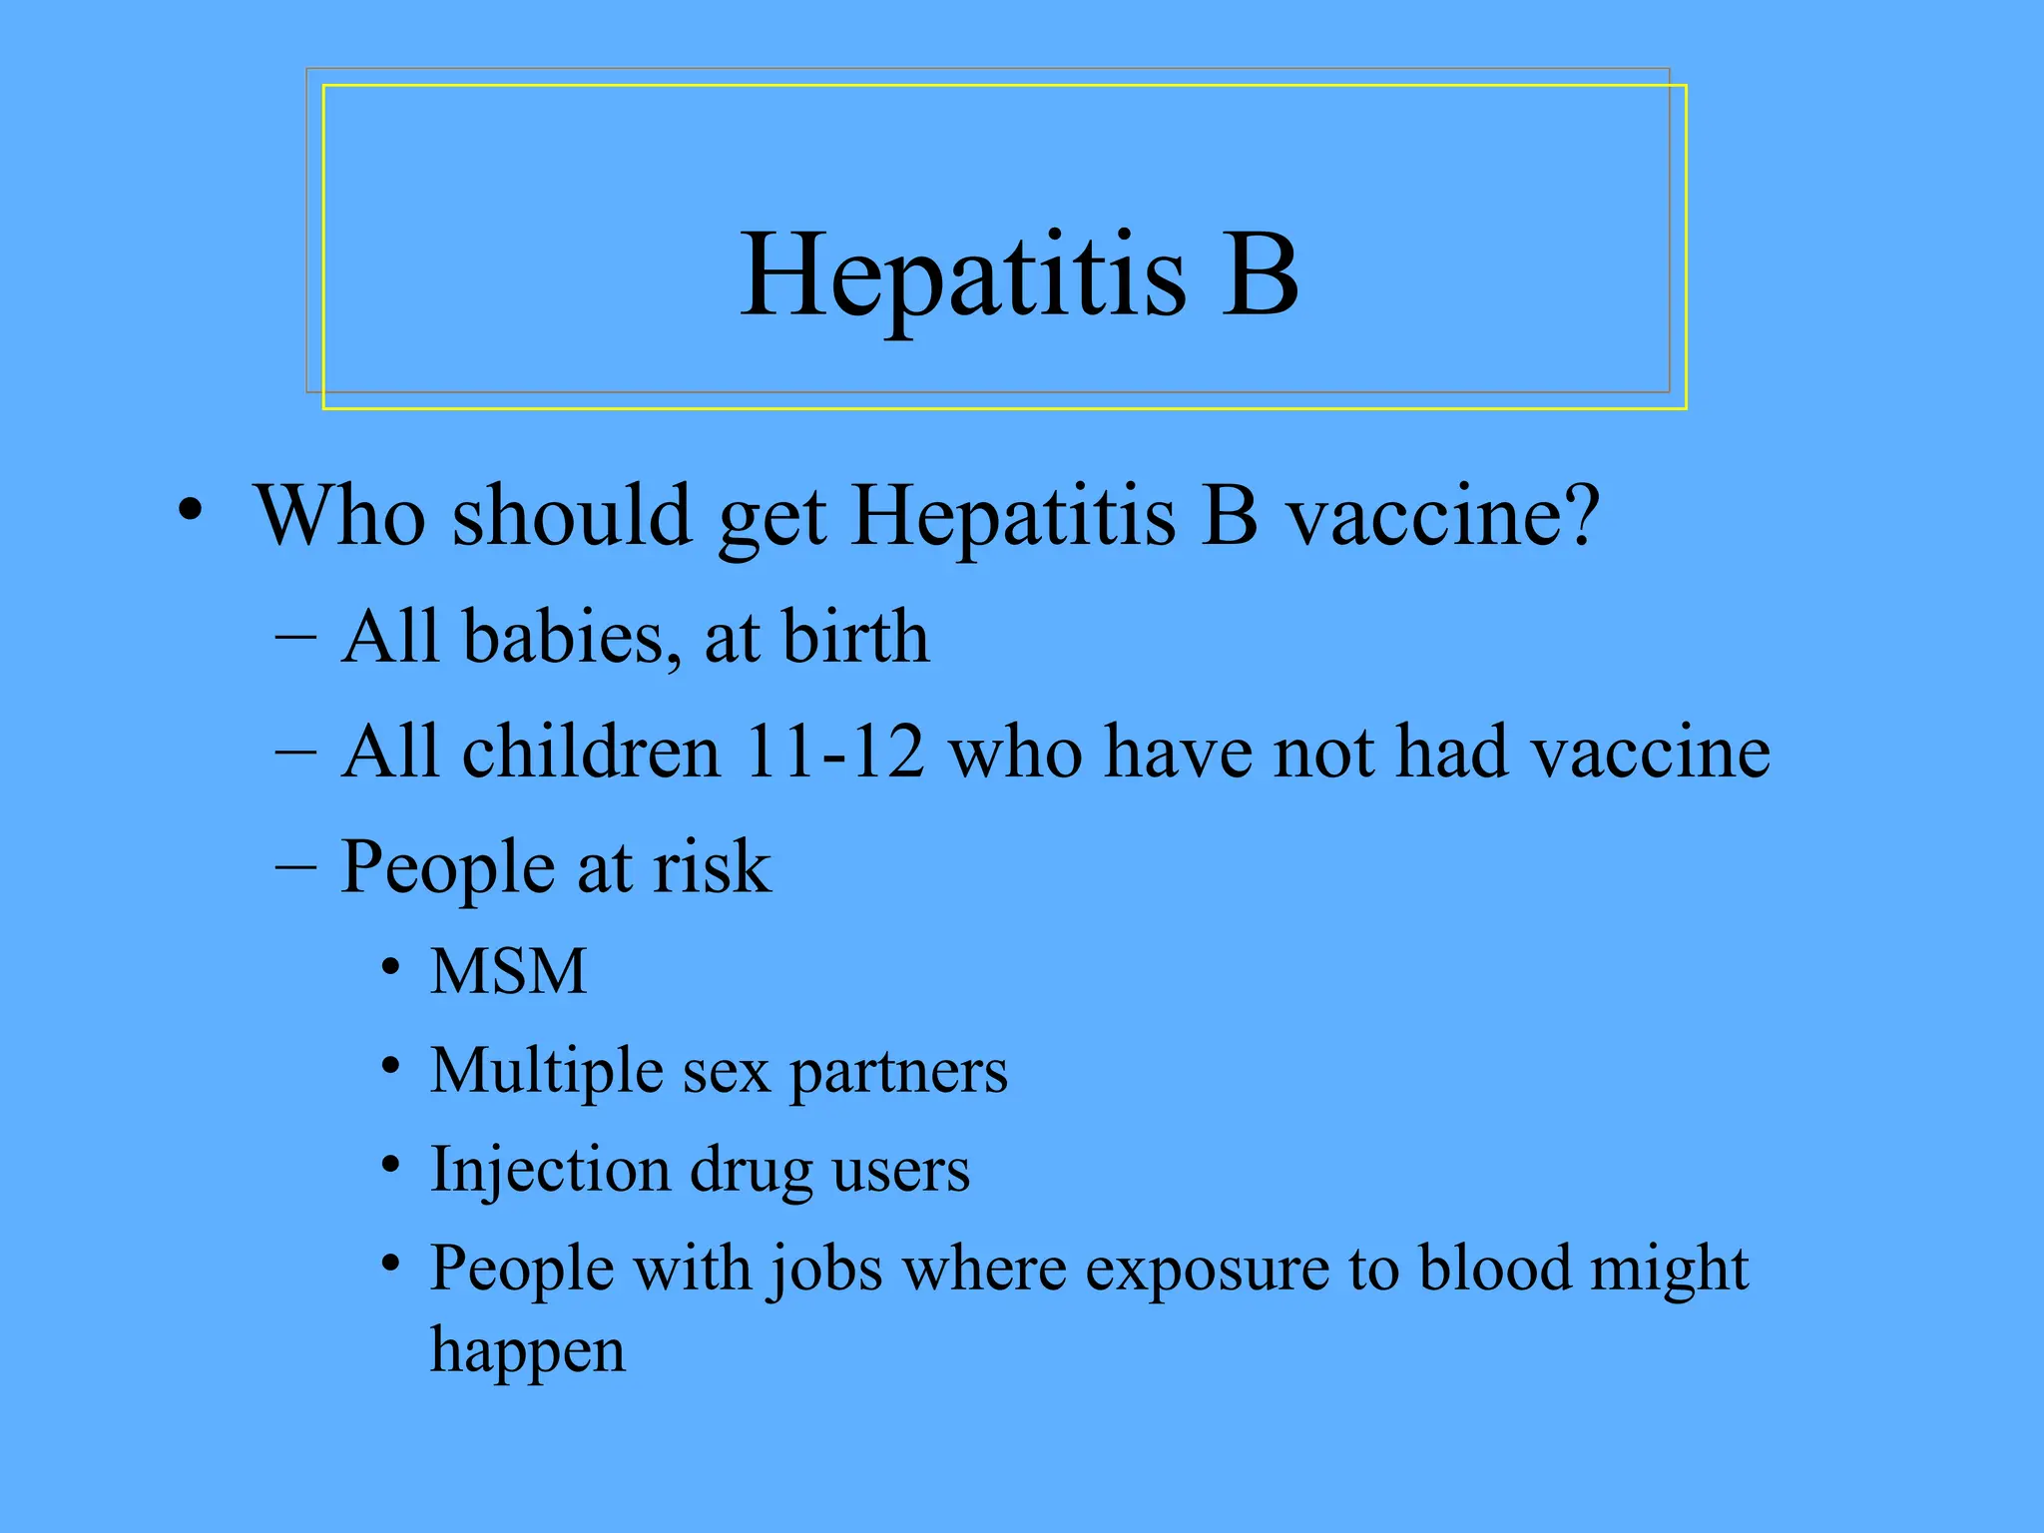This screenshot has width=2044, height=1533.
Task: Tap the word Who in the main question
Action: pyautogui.click(x=340, y=516)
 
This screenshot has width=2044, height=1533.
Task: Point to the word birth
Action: pyautogui.click(x=855, y=636)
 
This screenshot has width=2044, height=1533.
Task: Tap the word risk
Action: pyautogui.click(x=712, y=866)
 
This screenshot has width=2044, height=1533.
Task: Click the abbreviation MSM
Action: pyautogui.click(x=508, y=971)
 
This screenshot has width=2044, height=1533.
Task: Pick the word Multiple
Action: pyautogui.click(x=547, y=1072)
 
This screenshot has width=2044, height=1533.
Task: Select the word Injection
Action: pyautogui.click(x=550, y=1170)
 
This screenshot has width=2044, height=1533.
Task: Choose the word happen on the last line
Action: pyautogui.click(x=528, y=1352)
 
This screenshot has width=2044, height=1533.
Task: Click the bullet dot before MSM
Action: pyautogui.click(x=391, y=967)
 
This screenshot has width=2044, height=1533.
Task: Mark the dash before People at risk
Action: pyautogui.click(x=295, y=865)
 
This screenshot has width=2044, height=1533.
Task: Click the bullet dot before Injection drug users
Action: pyautogui.click(x=391, y=1165)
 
